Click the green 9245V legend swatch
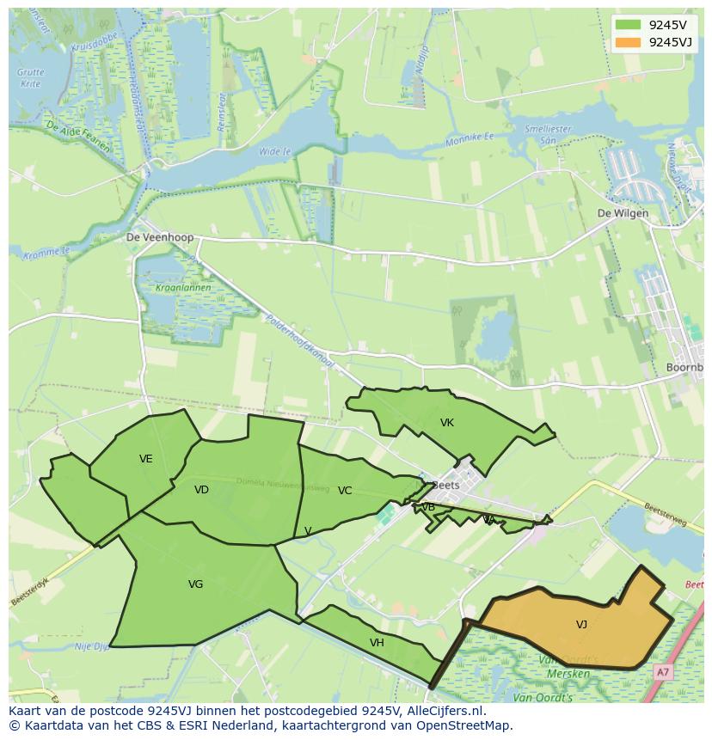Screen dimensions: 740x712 click(628, 25)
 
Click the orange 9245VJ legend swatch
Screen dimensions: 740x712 click(628, 42)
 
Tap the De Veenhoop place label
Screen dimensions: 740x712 click(160, 237)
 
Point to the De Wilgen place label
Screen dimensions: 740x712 click(623, 214)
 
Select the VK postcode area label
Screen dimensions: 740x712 click(446, 422)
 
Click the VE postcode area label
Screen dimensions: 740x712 click(146, 459)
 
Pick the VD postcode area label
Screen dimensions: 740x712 click(201, 490)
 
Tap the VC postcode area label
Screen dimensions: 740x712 click(345, 491)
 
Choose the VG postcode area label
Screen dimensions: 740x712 click(195, 584)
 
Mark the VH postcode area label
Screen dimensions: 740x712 click(377, 643)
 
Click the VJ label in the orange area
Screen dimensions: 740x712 click(581, 625)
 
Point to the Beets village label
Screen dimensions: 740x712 click(446, 485)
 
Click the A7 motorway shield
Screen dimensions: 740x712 click(661, 673)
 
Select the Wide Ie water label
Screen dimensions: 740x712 click(274, 151)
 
